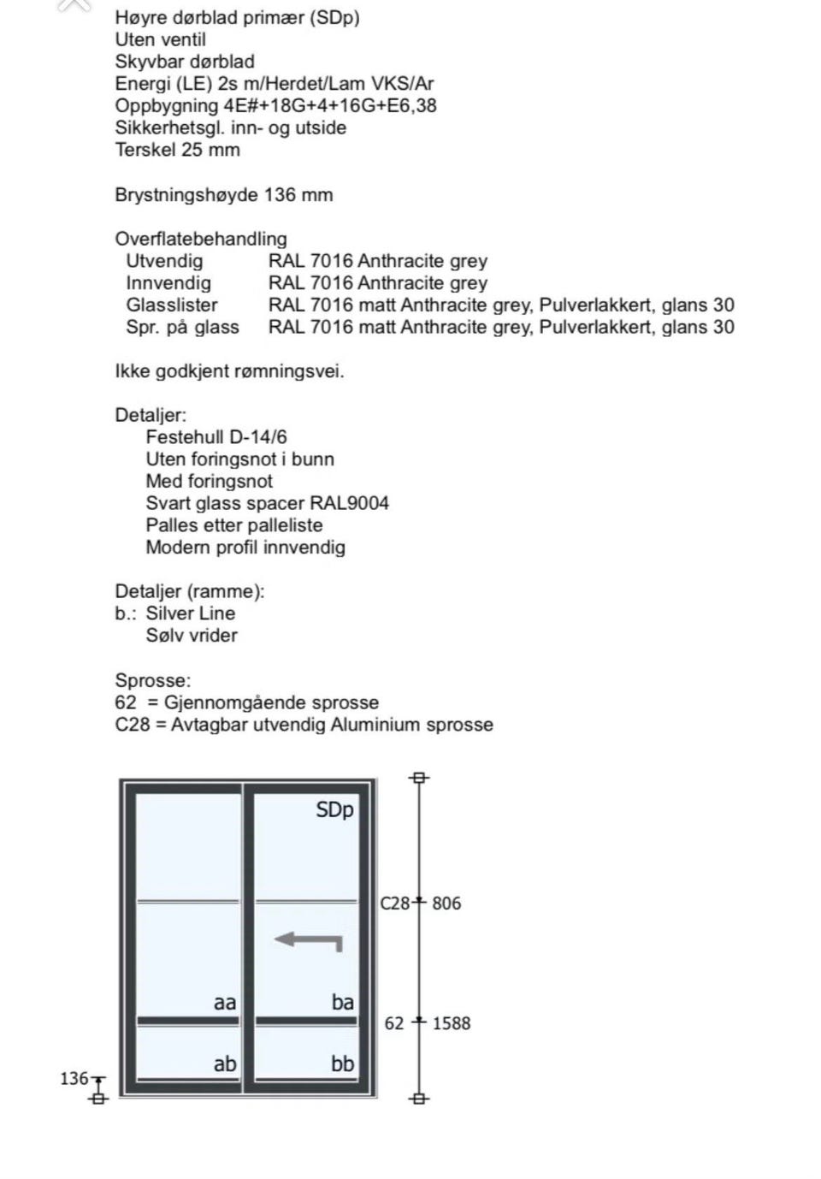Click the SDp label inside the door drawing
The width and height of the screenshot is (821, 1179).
(x=334, y=809)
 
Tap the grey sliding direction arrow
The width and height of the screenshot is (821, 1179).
(x=309, y=940)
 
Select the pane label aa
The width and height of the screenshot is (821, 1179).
(x=225, y=1002)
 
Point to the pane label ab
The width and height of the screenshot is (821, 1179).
(x=225, y=1063)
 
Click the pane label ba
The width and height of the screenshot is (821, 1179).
(x=342, y=1002)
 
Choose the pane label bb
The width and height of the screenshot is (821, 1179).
(x=342, y=1063)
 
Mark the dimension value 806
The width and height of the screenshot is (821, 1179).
(x=446, y=904)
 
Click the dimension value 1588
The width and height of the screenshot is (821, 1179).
(x=452, y=1023)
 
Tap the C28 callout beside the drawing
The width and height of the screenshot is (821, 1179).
(x=395, y=904)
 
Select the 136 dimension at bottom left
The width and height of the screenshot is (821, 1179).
(x=74, y=1078)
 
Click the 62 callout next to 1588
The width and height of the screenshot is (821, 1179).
(x=394, y=1023)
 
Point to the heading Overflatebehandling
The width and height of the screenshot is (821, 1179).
(x=201, y=239)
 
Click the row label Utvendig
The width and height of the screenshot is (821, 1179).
(x=164, y=261)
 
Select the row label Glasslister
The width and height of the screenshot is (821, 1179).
(x=172, y=305)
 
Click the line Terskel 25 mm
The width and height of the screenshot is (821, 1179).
(x=178, y=150)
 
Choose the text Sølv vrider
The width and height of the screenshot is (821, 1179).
(x=192, y=635)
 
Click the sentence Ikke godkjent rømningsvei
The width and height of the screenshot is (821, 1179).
(x=229, y=371)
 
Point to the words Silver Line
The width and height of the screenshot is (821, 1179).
(x=191, y=613)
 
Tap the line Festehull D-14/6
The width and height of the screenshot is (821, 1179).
(x=216, y=437)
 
